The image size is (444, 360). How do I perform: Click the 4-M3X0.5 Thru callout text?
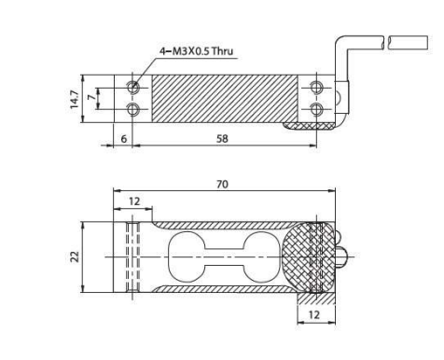pyautogui.click(x=196, y=51)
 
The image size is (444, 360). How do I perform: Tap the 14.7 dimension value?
pyautogui.click(x=75, y=99)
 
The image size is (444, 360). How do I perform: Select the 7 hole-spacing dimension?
pyautogui.click(x=91, y=97)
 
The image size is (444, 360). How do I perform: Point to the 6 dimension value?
pyautogui.click(x=124, y=139)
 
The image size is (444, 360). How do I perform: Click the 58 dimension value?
pyautogui.click(x=222, y=139)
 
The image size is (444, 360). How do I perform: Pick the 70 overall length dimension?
pyautogui.click(x=222, y=185)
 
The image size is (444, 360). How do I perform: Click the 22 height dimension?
pyautogui.click(x=75, y=256)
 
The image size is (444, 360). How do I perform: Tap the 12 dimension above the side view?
pyautogui.click(x=134, y=201)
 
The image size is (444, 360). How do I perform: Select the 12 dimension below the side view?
pyautogui.click(x=313, y=315)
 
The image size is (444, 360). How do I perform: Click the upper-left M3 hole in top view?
pyautogui.click(x=133, y=87)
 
